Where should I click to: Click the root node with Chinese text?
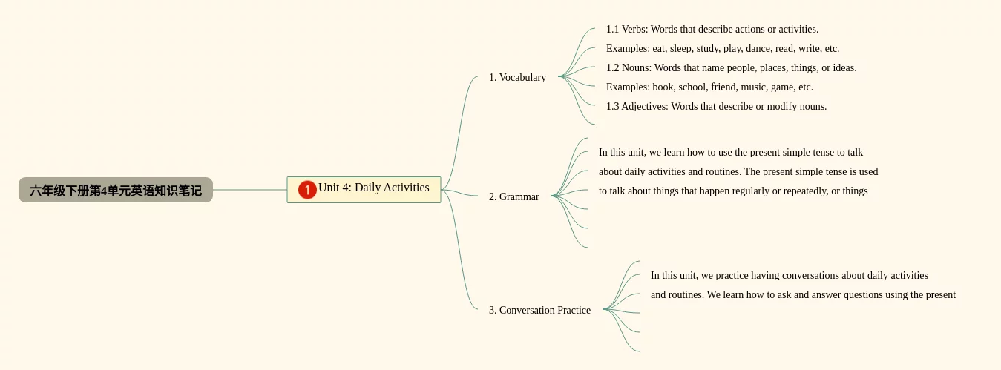(x=116, y=190)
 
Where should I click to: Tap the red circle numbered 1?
(x=307, y=190)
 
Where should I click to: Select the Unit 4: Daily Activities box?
(x=373, y=188)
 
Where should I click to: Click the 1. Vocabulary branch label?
(x=517, y=77)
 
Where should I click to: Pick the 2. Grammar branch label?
(x=513, y=196)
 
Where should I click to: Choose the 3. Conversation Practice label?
(x=539, y=310)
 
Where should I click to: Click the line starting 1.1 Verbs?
(x=712, y=30)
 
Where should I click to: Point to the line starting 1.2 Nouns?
(x=731, y=68)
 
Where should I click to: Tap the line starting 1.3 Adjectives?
(x=716, y=107)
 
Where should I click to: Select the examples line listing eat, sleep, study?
(x=722, y=49)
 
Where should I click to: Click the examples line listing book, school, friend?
(x=709, y=87)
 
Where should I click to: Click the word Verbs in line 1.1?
(x=634, y=30)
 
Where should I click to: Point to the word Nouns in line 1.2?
(x=636, y=68)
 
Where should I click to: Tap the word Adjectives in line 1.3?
(x=644, y=107)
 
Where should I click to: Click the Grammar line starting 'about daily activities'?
(x=738, y=172)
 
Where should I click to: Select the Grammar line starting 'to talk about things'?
(x=733, y=191)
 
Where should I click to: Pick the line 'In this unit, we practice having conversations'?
(x=789, y=276)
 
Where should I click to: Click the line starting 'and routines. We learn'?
(x=803, y=295)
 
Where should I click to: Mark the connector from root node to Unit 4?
(x=249, y=190)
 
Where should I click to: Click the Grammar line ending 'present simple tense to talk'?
(x=731, y=153)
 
